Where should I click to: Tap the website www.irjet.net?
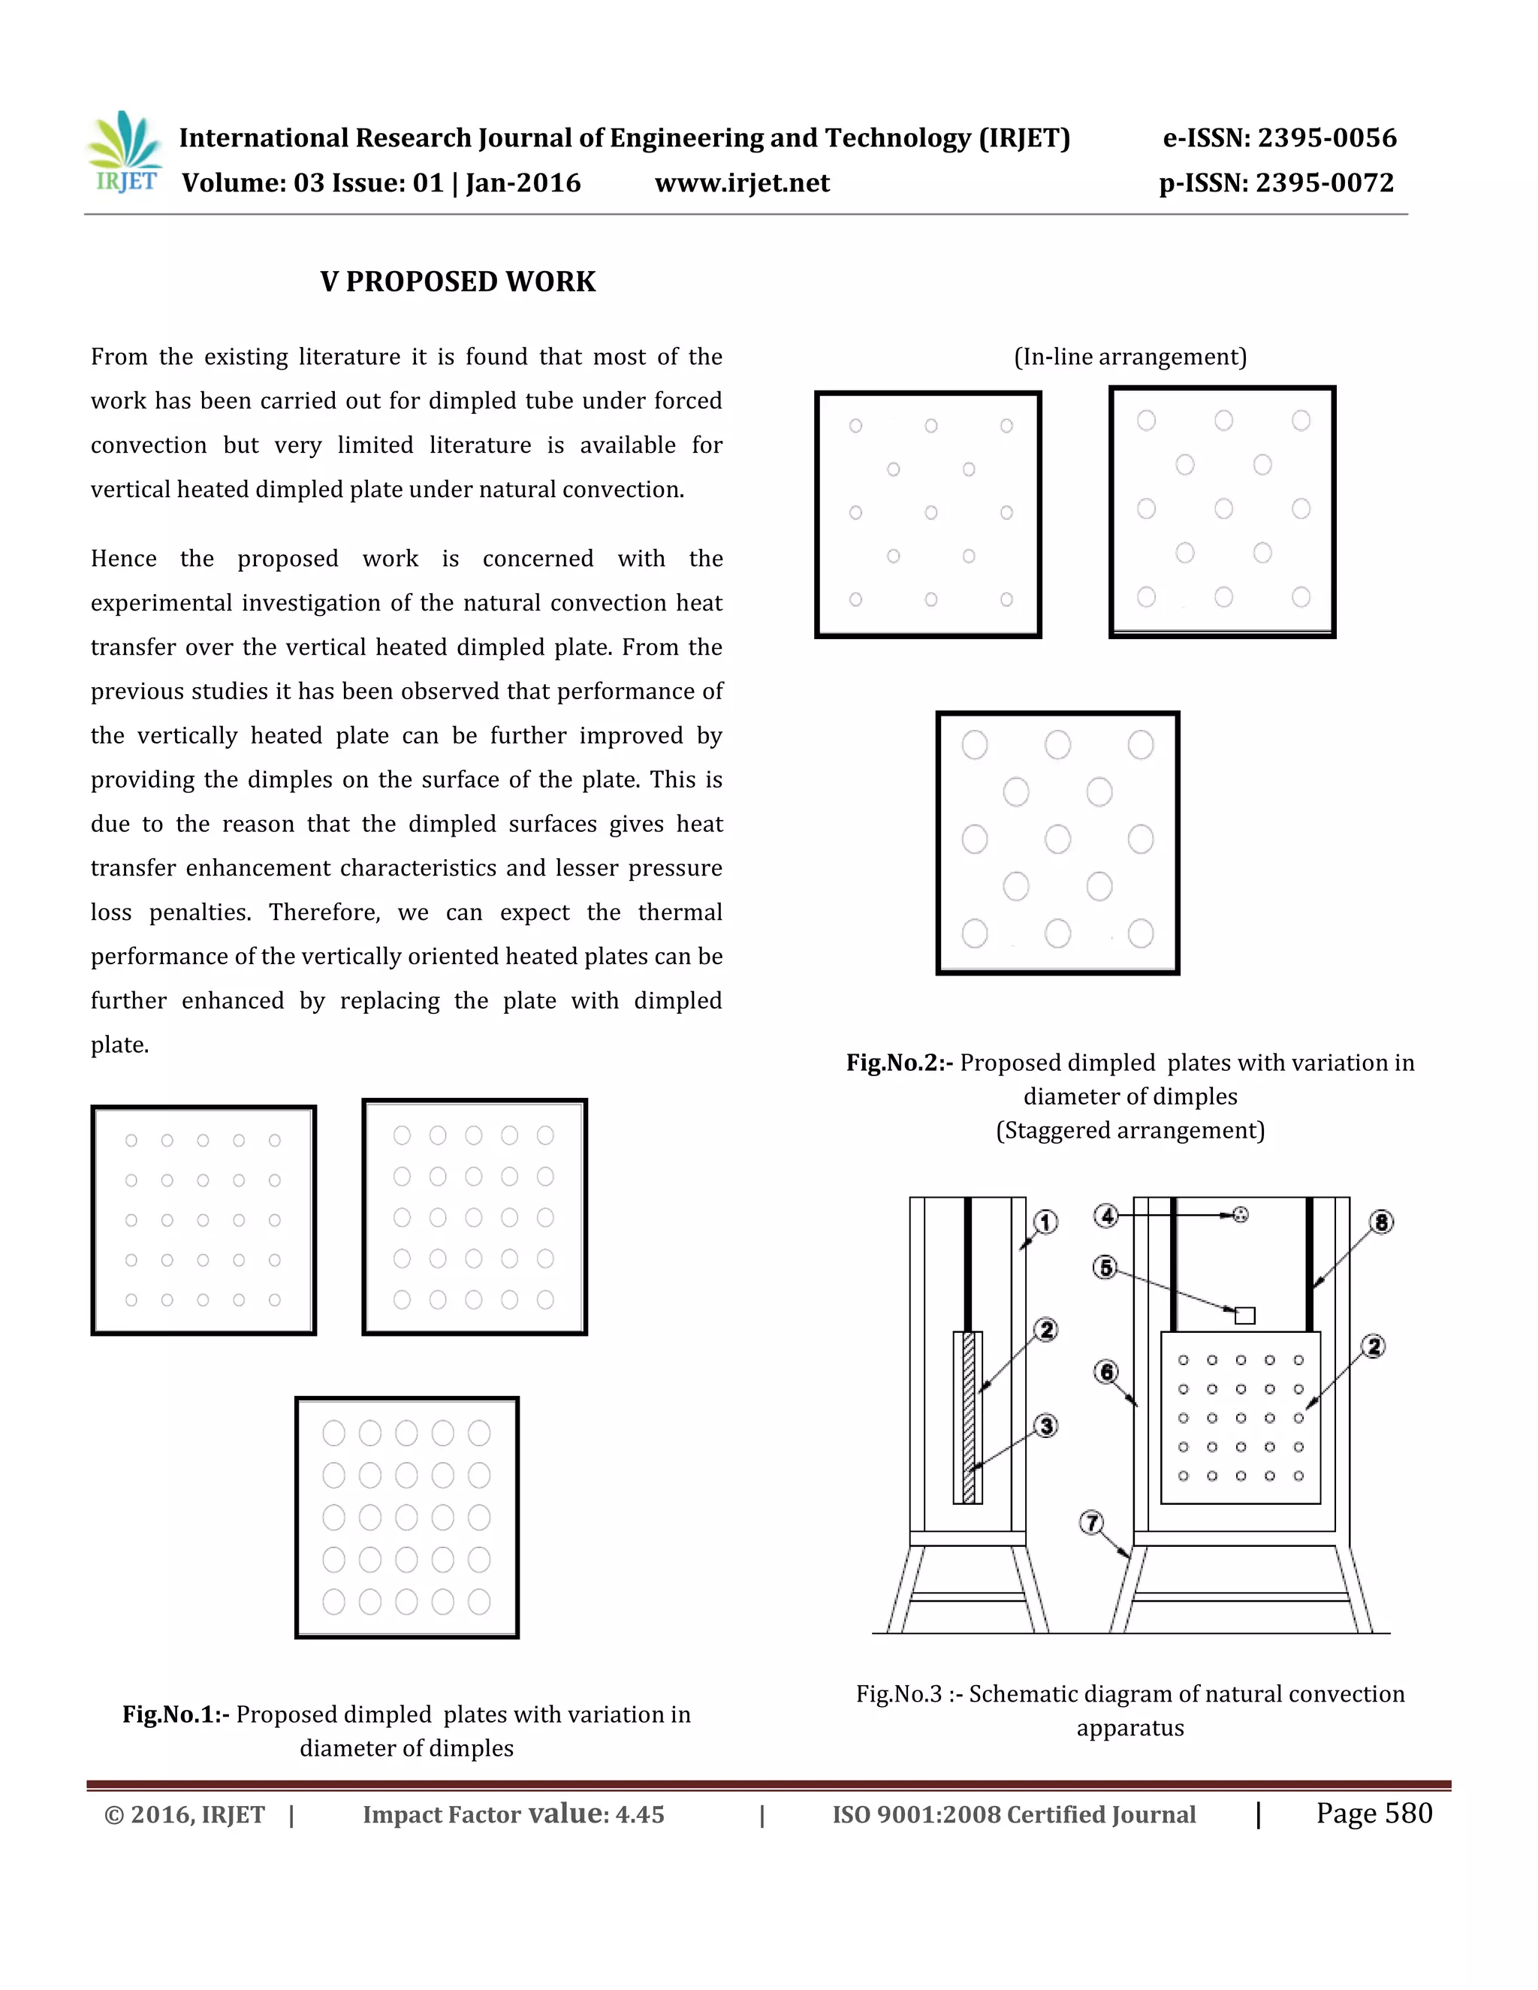click(x=742, y=183)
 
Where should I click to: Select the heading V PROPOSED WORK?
click(x=457, y=282)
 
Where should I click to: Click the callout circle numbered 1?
click(x=1046, y=1222)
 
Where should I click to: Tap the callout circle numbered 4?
click(x=1106, y=1216)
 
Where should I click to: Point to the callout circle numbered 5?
click(x=1105, y=1268)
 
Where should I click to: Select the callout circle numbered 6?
click(x=1106, y=1371)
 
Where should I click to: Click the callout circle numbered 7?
click(x=1091, y=1523)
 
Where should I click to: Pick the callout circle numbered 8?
click(x=1381, y=1222)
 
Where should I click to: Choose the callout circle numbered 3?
click(x=1047, y=1426)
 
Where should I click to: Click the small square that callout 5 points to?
click(x=1244, y=1316)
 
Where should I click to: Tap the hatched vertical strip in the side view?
click(x=969, y=1417)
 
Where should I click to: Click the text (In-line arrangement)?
click(x=1129, y=356)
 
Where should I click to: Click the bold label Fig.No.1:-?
click(x=176, y=1715)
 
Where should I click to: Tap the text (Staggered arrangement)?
click(x=1129, y=1131)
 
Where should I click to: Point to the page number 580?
click(x=1408, y=1814)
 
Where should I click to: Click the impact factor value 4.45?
click(x=640, y=1815)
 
